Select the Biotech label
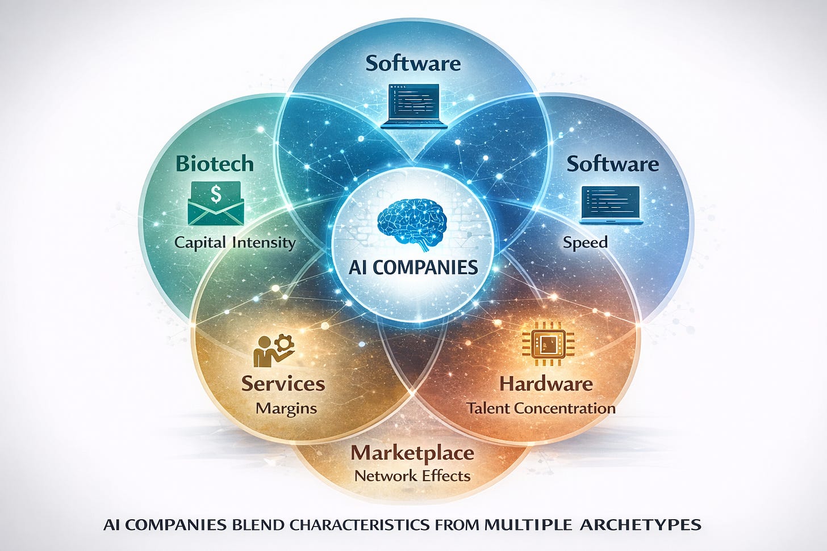[215, 163]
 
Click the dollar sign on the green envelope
[216, 195]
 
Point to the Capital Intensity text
[235, 243]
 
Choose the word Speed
[585, 243]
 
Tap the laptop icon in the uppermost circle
[412, 106]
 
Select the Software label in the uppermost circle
[413, 63]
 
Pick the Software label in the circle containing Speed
[613, 164]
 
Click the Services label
[283, 383]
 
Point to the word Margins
[286, 408]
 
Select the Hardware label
[546, 384]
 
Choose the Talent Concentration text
[541, 408]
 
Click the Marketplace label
[412, 453]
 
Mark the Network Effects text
[412, 476]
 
